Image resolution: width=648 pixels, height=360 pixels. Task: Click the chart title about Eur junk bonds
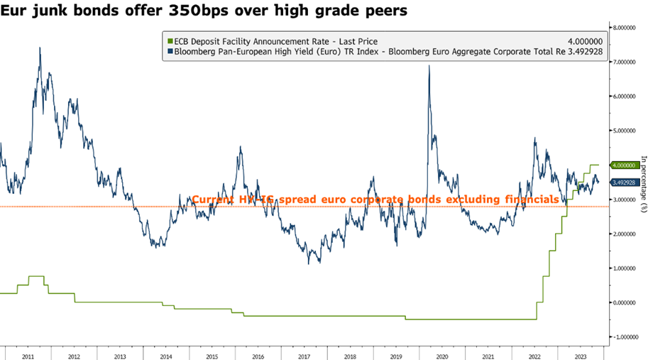(214, 11)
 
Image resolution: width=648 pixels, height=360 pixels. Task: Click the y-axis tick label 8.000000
(629, 28)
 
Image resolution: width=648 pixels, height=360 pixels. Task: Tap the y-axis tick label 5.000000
(629, 131)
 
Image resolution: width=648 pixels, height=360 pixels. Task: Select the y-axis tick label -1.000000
(628, 337)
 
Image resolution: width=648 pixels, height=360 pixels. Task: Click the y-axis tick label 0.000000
(629, 302)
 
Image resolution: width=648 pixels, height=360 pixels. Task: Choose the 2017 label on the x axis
(304, 353)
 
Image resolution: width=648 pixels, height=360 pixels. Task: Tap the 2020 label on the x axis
(441, 353)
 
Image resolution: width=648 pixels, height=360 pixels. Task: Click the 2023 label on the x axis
(578, 353)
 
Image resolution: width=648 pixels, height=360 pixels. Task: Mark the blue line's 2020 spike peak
(429, 66)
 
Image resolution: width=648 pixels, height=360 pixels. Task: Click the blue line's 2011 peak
(40, 48)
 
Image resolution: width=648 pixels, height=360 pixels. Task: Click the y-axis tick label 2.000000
(629, 234)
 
